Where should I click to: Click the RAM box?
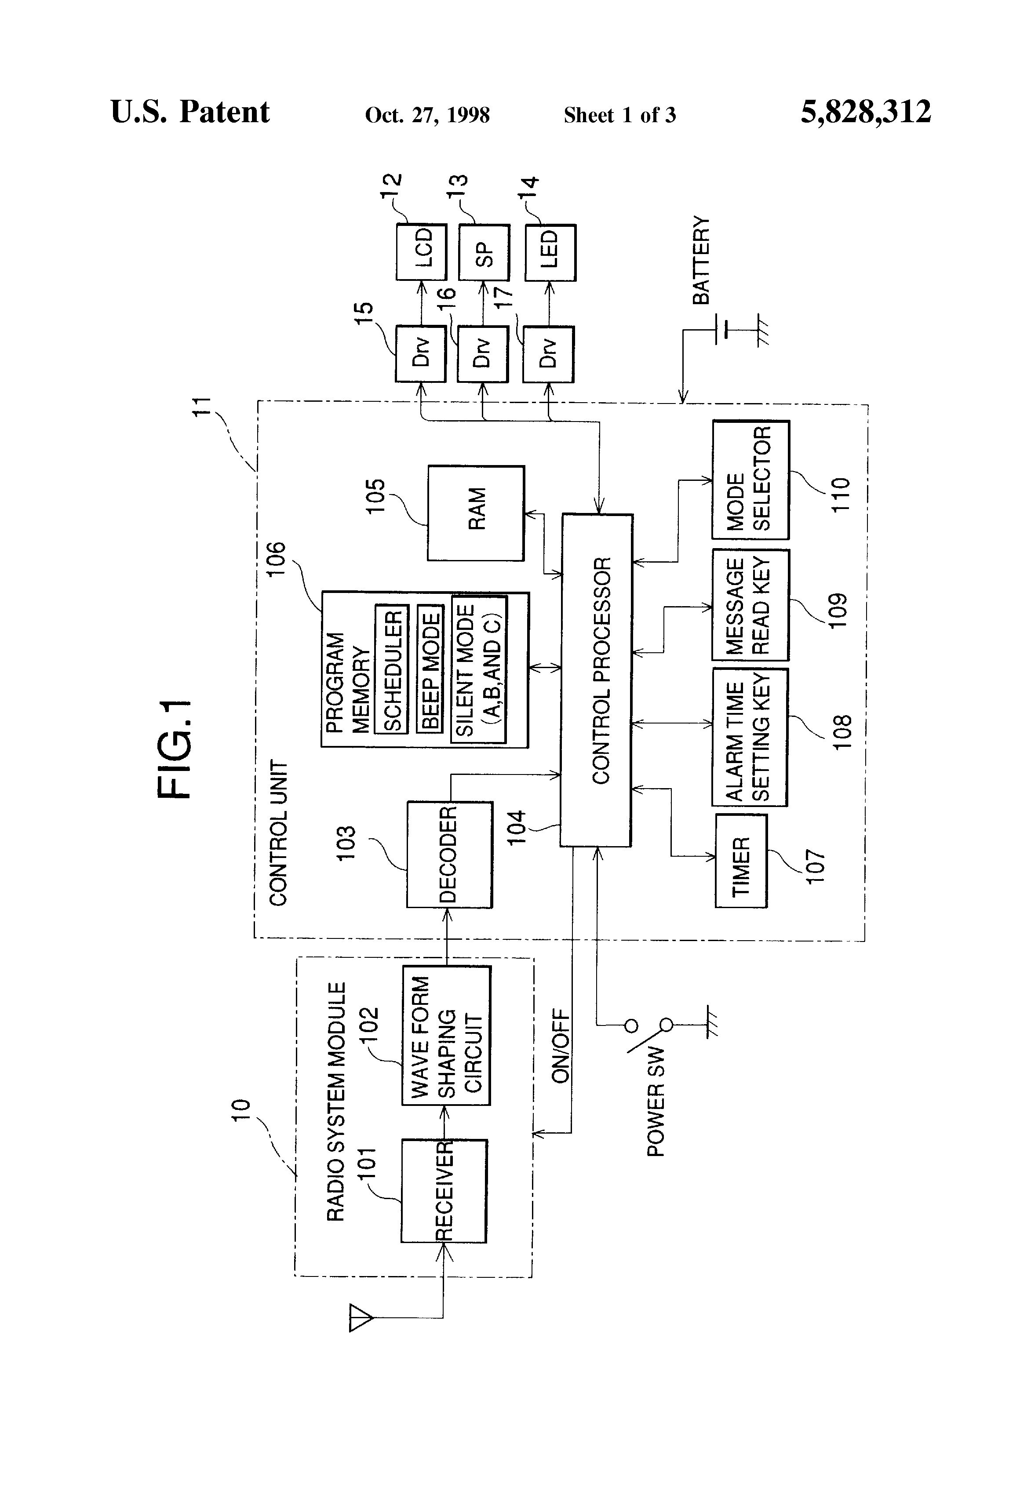tap(476, 513)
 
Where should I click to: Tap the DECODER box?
tap(449, 854)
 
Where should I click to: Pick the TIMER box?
tap(741, 861)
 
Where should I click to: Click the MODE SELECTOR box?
tap(750, 480)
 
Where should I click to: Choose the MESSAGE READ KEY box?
tap(750, 605)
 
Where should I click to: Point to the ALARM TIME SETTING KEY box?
tap(750, 738)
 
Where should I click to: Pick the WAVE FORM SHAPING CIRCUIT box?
tap(446, 1035)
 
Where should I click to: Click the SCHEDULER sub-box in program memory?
tap(392, 670)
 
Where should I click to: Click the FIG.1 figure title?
tap(174, 749)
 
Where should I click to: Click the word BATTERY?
tap(701, 260)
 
